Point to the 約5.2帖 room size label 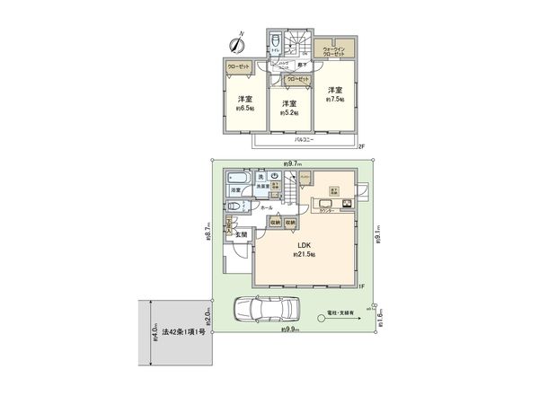pyautogui.click(x=288, y=114)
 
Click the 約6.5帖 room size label pyautogui.click(x=245, y=108)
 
